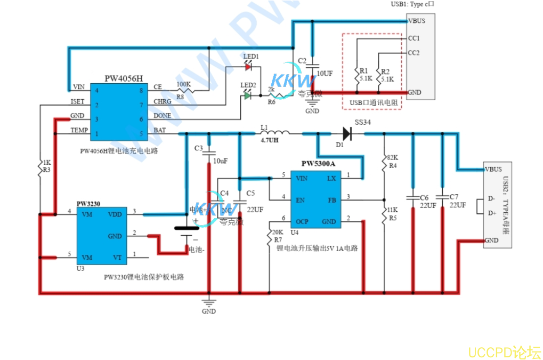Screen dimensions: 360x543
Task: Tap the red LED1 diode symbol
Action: tap(248, 67)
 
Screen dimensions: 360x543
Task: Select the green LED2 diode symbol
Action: tap(247, 96)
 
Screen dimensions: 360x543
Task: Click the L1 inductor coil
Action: tap(275, 133)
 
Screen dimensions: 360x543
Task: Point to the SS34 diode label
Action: tap(362, 123)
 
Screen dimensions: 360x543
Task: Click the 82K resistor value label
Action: tap(393, 158)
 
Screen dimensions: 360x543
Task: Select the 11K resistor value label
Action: tap(393, 210)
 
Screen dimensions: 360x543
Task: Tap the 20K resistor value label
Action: tap(277, 232)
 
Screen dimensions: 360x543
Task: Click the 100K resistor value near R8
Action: tap(183, 84)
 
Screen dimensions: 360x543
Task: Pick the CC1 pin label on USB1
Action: tap(414, 38)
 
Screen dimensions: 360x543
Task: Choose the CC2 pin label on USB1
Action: tap(414, 53)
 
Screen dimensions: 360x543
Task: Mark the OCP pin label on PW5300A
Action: tap(302, 221)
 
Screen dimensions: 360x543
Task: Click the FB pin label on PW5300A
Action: tap(331, 199)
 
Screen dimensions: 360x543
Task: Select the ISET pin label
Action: tap(77, 101)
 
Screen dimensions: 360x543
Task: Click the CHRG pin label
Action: tap(162, 101)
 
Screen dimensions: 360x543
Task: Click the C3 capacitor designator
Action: tap(199, 148)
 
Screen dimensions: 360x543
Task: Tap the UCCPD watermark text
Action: tap(504, 352)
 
